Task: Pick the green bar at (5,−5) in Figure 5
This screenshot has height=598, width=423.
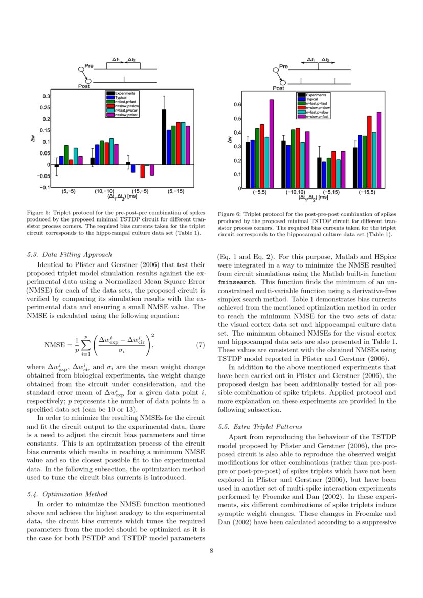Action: pyautogui.click(x=66, y=155)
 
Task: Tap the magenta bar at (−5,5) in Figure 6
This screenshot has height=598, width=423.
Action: pyautogui.click(x=272, y=144)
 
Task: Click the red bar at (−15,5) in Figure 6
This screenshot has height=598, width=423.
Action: pyautogui.click(x=369, y=152)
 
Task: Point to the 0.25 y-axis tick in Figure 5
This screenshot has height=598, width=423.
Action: pyautogui.click(x=46, y=108)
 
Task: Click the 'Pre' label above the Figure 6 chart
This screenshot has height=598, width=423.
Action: pyautogui.click(x=284, y=67)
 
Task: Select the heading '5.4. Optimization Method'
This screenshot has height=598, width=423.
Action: pyautogui.click(x=66, y=494)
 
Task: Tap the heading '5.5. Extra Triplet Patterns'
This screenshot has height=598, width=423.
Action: pyautogui.click(x=259, y=426)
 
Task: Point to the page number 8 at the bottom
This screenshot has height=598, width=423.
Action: pyautogui.click(x=211, y=551)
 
